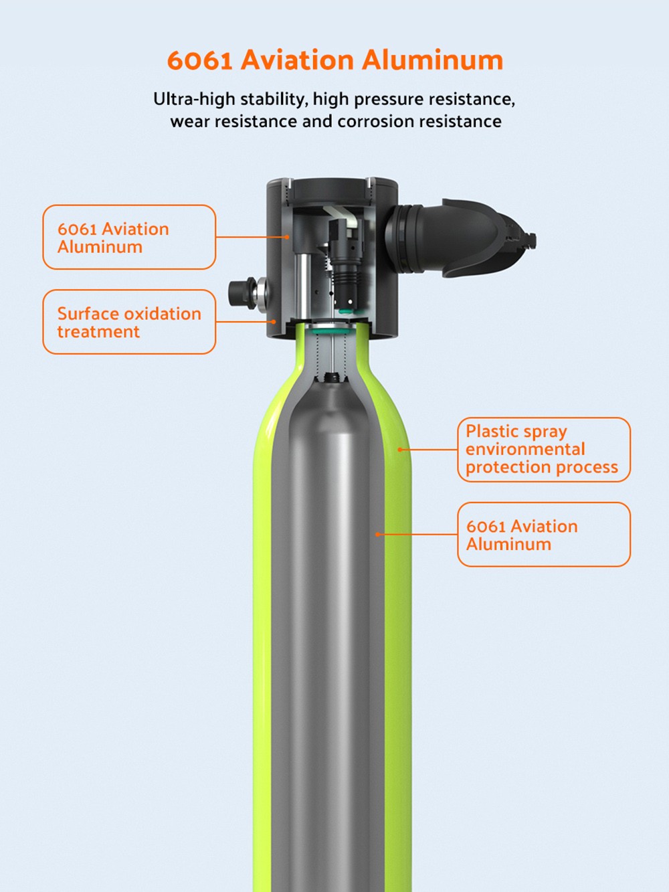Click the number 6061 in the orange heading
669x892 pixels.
tap(199, 60)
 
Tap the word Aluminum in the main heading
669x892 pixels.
tap(432, 60)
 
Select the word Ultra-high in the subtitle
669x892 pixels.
tap(194, 99)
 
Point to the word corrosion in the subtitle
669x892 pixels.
tap(375, 121)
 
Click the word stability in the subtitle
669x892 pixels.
tap(271, 99)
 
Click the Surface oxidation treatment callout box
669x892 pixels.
tap(129, 322)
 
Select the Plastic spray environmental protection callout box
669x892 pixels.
tap(543, 449)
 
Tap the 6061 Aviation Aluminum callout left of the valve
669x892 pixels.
tap(129, 238)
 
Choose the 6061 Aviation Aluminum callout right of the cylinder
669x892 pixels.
tap(543, 535)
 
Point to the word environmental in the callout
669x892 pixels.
tap(525, 449)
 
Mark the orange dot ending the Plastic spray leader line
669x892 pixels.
tap(400, 450)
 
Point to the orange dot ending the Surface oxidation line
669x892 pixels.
tap(274, 322)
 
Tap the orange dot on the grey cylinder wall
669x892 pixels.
tap(377, 535)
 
